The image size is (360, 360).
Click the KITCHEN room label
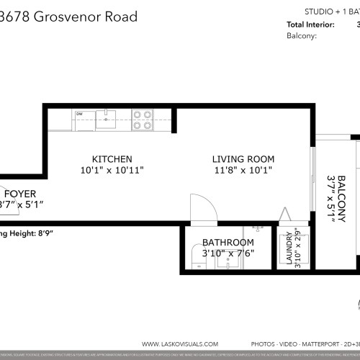(112, 158)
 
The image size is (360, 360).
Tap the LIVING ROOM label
(243, 158)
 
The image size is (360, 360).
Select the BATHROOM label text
(228, 242)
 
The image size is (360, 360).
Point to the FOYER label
(17, 194)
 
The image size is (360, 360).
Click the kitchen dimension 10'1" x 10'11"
(112, 171)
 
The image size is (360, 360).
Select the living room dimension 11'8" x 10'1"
(243, 171)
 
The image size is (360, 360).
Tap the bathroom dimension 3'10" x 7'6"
(228, 253)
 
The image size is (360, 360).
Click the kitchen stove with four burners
(143, 119)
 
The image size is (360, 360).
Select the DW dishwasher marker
(79, 113)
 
